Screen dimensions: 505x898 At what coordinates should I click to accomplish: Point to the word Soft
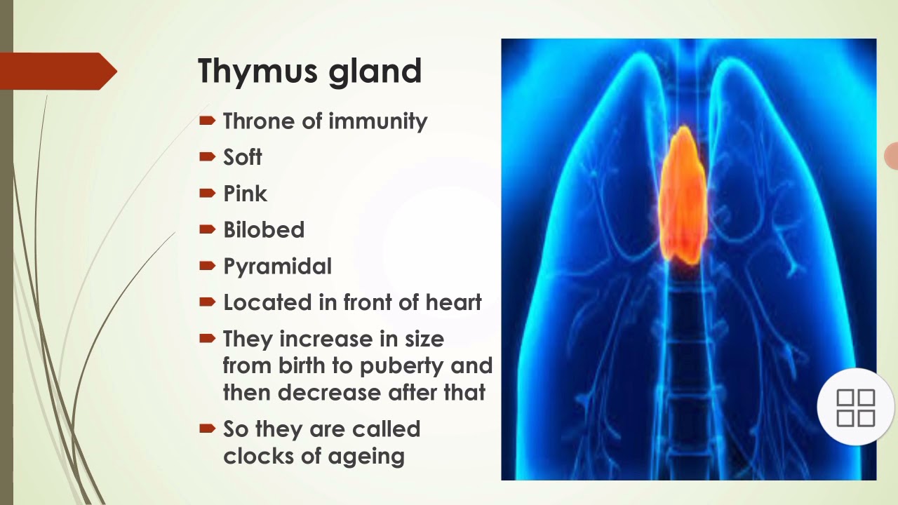click(x=242, y=158)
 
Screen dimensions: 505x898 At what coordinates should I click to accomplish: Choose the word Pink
click(x=245, y=194)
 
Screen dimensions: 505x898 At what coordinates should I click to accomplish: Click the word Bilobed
click(x=264, y=230)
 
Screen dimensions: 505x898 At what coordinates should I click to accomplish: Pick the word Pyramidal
click(x=277, y=267)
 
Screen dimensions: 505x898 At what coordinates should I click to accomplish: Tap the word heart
click(x=454, y=302)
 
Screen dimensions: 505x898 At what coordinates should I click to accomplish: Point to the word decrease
click(x=327, y=392)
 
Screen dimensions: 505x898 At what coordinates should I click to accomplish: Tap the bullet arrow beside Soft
click(x=207, y=156)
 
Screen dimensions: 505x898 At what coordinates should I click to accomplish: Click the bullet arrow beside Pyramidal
click(x=207, y=266)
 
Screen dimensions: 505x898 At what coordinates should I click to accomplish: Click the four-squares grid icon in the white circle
click(x=855, y=408)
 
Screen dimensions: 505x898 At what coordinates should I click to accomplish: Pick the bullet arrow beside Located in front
click(x=207, y=302)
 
